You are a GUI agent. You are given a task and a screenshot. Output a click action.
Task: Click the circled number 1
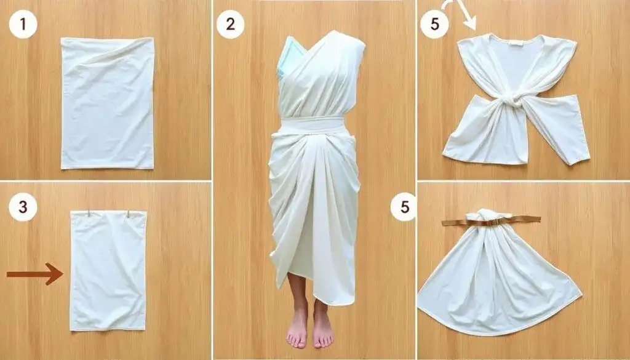23,25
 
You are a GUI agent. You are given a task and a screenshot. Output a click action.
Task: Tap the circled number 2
230,25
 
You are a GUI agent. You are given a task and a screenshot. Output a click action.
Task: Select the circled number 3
23,207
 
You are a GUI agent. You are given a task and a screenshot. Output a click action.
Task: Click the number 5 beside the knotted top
434,25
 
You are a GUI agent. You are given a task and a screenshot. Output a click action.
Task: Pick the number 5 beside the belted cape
404,207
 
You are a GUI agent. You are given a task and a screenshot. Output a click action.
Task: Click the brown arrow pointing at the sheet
35,274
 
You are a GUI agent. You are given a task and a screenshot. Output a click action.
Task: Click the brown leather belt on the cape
491,221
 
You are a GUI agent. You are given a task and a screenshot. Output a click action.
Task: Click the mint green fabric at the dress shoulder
290,56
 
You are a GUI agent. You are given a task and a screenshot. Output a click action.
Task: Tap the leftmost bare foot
298,327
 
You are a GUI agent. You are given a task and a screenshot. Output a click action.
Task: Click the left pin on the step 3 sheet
89,212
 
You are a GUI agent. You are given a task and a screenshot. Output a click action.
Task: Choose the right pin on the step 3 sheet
129,214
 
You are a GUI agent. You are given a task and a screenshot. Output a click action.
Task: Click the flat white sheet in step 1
107,103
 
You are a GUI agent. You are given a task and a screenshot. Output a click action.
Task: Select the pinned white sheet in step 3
108,271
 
